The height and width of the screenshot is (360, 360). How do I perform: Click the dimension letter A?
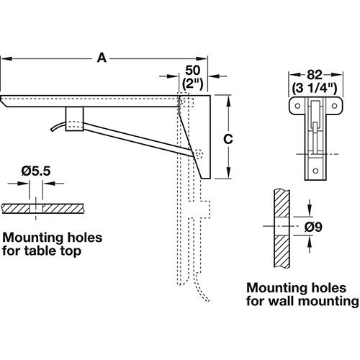(x=102, y=58)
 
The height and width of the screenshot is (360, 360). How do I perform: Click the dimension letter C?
(x=228, y=139)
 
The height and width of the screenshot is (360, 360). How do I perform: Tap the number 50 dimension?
(x=193, y=71)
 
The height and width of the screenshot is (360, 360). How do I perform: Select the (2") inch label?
(x=193, y=84)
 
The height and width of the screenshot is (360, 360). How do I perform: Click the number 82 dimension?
(x=315, y=75)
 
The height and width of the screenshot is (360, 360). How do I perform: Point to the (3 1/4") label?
(x=315, y=88)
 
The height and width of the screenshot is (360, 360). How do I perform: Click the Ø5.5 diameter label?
(x=36, y=171)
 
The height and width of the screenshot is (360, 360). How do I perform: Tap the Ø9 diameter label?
(x=313, y=227)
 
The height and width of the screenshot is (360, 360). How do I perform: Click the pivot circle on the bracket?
(x=199, y=154)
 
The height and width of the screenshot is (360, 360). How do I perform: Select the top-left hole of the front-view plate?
(x=297, y=106)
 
